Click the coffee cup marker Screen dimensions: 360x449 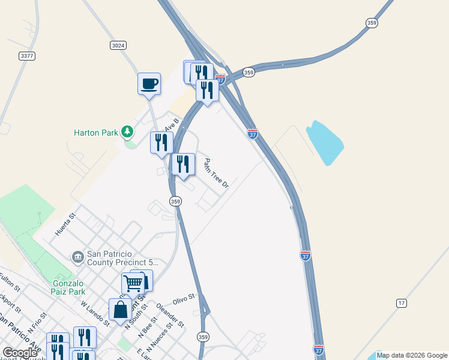click(149, 83)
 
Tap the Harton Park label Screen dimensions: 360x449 click(95, 133)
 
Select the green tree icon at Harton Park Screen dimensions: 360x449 click(127, 131)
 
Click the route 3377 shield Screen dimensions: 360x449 click(26, 56)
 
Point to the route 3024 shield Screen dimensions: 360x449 click(118, 46)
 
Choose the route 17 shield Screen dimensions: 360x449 click(401, 303)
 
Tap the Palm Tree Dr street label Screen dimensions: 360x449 click(216, 173)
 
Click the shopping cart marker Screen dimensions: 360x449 click(133, 283)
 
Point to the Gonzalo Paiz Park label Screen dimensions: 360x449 click(60, 287)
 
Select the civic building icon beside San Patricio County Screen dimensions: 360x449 click(77, 257)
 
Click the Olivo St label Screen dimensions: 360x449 click(184, 298)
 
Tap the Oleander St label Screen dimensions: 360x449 click(169, 316)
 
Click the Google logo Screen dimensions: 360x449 click(20, 353)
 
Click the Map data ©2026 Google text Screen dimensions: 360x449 click(411, 355)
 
